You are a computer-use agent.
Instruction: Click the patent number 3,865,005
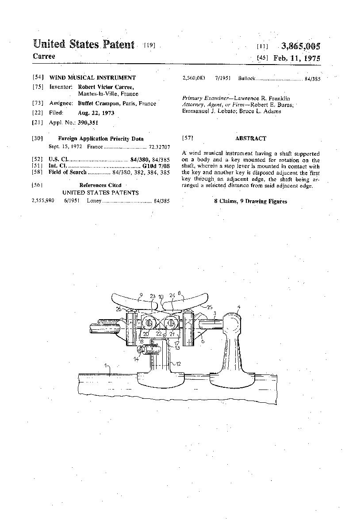[x=300, y=46]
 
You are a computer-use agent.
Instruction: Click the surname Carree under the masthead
[x=44, y=57]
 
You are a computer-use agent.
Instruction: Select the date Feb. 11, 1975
[x=297, y=58]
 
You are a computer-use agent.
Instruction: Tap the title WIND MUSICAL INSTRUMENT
[x=92, y=77]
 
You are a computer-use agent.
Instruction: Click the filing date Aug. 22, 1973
[x=96, y=113]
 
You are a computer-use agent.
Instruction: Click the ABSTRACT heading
[x=250, y=138]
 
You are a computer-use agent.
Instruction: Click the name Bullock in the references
[x=247, y=78]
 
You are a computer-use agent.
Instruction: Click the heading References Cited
[x=100, y=185]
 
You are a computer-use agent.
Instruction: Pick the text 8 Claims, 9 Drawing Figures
[x=250, y=201]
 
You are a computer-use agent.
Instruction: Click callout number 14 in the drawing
[x=137, y=359]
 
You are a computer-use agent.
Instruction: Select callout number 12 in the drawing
[x=179, y=364]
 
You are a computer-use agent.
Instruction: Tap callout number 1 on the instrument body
[x=106, y=366]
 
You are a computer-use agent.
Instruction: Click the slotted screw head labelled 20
[x=149, y=324]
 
